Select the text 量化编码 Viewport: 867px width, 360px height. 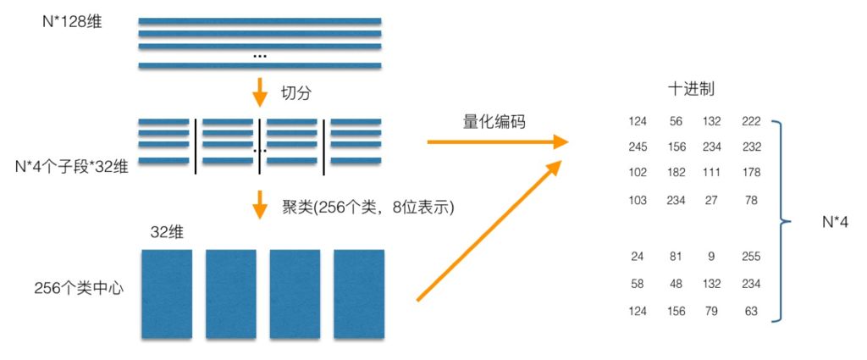coord(494,122)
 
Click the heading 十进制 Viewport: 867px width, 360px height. coord(690,90)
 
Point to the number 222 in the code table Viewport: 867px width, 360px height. coord(751,121)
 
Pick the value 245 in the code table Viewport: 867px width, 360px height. coord(638,147)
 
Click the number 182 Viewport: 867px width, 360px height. coord(676,173)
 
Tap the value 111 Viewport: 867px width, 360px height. coord(711,173)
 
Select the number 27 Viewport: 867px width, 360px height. coord(711,200)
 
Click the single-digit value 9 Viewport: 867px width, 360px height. coord(711,257)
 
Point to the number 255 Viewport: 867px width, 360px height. coord(751,257)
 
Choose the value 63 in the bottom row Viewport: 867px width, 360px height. coord(751,312)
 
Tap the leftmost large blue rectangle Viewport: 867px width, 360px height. coord(167,294)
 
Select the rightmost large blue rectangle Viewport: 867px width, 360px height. coord(359,294)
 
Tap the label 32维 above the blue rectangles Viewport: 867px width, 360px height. coord(167,233)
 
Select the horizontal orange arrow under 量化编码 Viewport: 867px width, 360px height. coord(498,142)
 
